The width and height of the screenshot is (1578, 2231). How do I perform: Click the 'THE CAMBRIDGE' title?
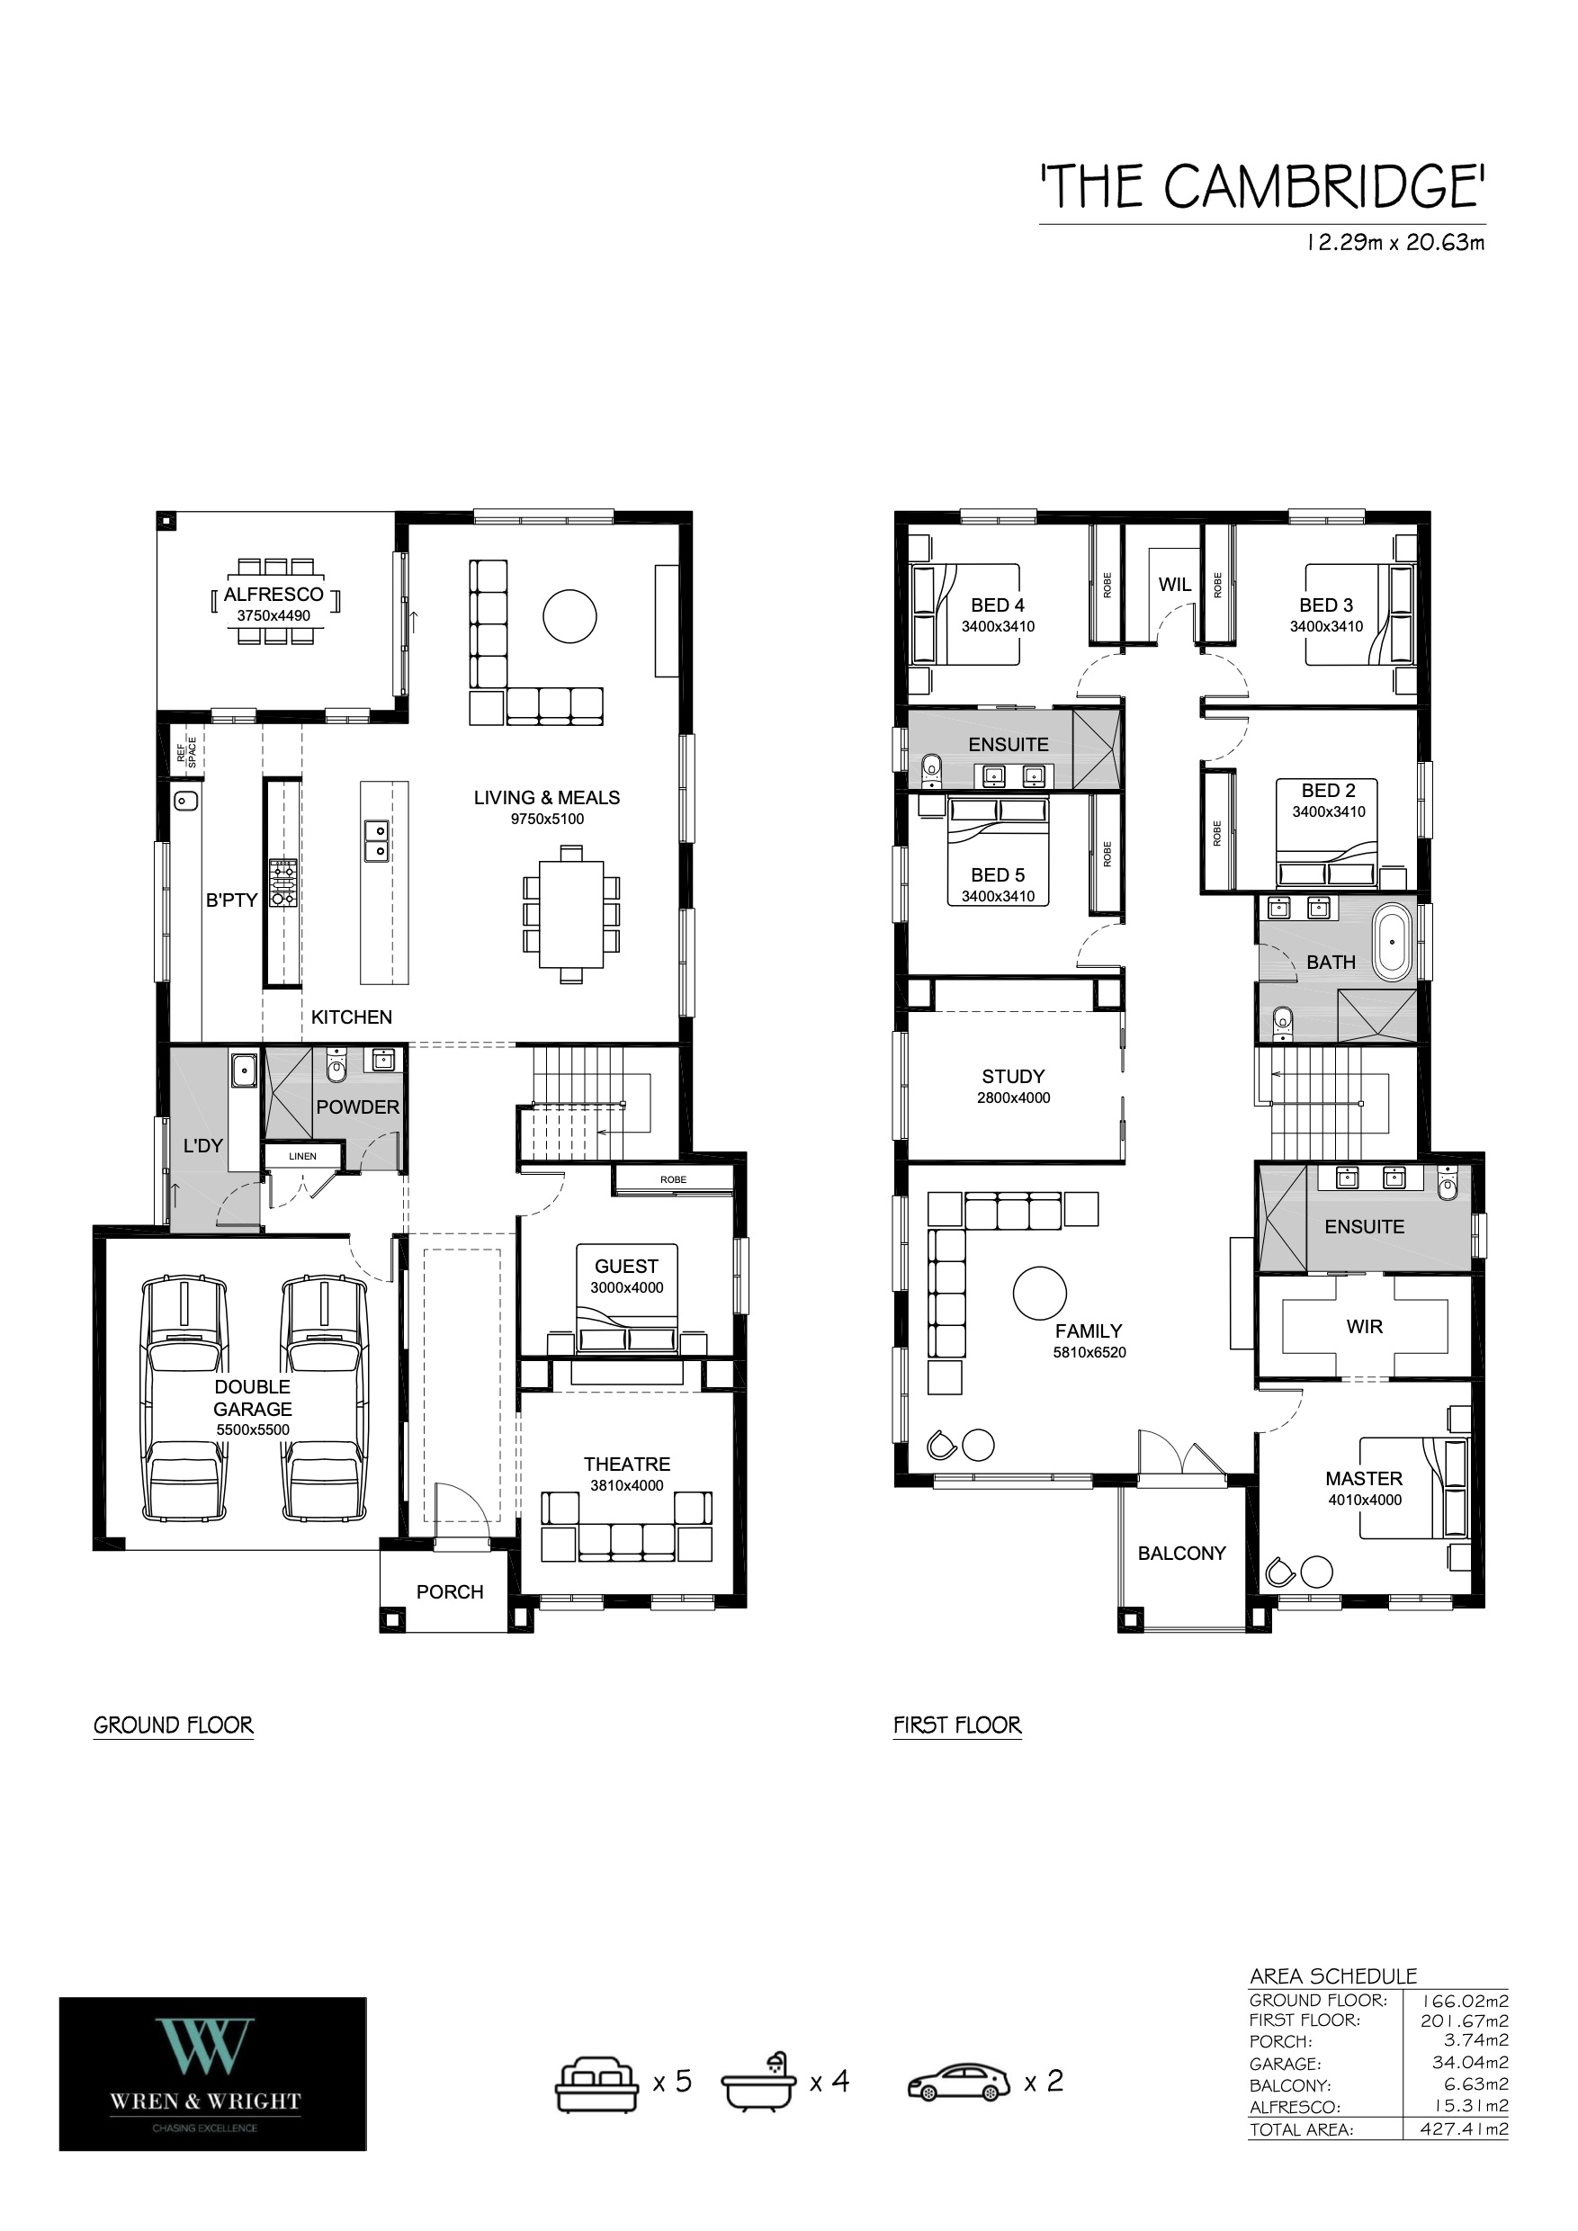pyautogui.click(x=1262, y=186)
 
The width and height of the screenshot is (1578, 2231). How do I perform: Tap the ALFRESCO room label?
pyautogui.click(x=274, y=595)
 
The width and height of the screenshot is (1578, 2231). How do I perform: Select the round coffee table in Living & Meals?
pyautogui.click(x=569, y=616)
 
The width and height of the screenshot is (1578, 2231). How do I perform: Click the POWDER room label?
pyautogui.click(x=357, y=1107)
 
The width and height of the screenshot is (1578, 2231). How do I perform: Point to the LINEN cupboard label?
pyautogui.click(x=302, y=1156)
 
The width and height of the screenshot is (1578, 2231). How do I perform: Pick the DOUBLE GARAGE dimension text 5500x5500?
pyautogui.click(x=253, y=1429)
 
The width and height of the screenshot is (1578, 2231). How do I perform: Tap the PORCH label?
pyautogui.click(x=450, y=1591)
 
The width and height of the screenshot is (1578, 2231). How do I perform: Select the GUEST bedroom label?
pyautogui.click(x=627, y=1266)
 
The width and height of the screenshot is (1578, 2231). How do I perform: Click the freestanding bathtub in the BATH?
pyautogui.click(x=1394, y=942)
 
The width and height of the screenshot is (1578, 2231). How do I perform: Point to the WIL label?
pyautogui.click(x=1175, y=585)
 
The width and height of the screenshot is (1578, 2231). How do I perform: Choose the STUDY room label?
pyautogui.click(x=1013, y=1077)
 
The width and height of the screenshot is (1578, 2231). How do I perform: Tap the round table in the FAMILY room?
pyautogui.click(x=1040, y=1294)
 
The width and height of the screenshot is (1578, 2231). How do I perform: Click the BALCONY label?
pyautogui.click(x=1181, y=1553)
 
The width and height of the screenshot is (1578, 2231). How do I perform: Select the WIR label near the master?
pyautogui.click(x=1364, y=1326)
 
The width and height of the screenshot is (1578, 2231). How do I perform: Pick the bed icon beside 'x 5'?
pyautogui.click(x=596, y=2083)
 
